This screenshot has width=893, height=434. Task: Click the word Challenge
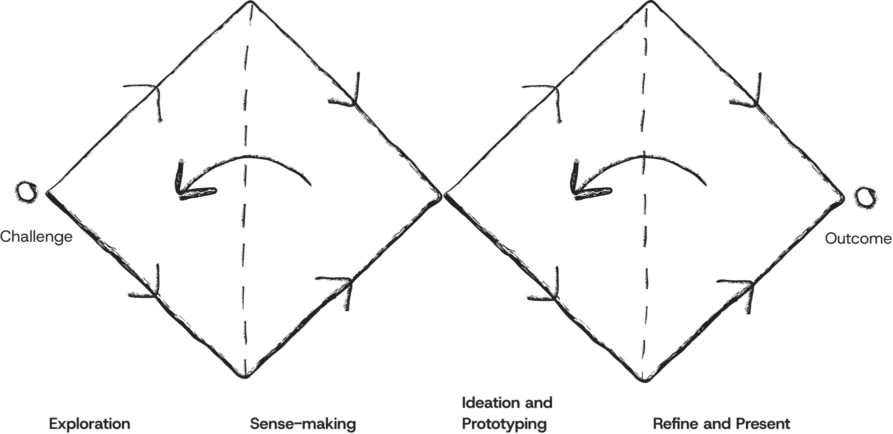coord(36,236)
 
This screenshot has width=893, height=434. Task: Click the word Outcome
coord(857,239)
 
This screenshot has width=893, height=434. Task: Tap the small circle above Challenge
coord(26,192)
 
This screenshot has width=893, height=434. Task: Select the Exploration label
coord(89,423)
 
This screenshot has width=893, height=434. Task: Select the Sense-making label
coord(303,423)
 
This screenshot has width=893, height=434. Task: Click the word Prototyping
coord(504,423)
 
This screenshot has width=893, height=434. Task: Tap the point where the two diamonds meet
coord(443,194)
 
